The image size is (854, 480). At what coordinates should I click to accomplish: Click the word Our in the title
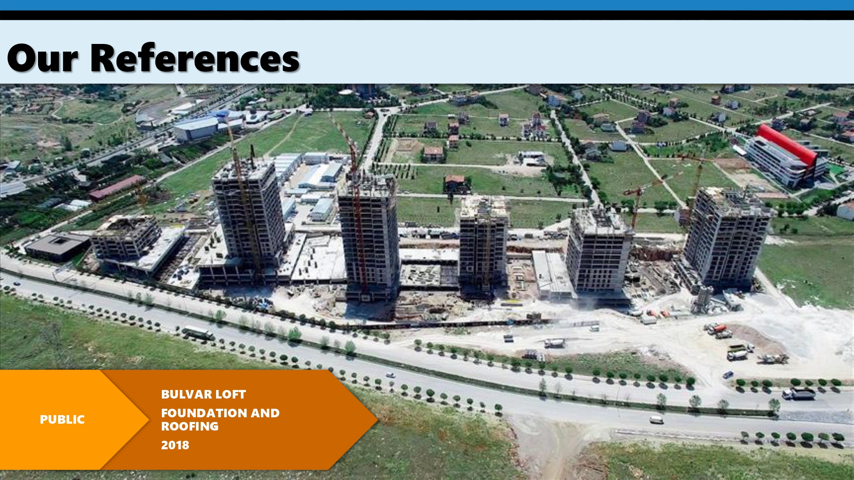click(43, 58)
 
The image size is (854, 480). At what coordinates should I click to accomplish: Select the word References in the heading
click(195, 58)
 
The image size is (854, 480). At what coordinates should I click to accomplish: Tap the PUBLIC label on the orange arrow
click(62, 420)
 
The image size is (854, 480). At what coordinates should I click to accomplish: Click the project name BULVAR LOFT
click(203, 395)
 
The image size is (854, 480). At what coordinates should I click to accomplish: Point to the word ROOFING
click(190, 427)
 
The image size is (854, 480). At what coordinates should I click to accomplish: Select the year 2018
click(175, 445)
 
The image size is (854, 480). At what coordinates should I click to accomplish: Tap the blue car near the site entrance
click(728, 375)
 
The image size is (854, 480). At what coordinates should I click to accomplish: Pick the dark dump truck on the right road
click(798, 394)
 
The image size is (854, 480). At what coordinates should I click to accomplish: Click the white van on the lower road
click(656, 420)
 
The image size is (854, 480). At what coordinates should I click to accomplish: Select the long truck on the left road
click(198, 332)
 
